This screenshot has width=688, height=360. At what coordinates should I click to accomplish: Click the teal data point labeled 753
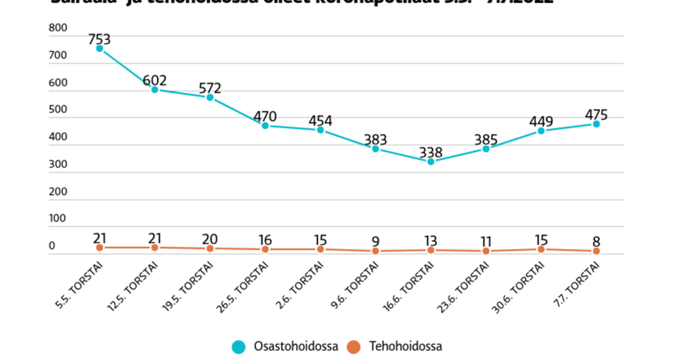click(x=100, y=49)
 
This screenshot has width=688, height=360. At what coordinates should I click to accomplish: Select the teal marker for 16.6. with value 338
click(x=431, y=162)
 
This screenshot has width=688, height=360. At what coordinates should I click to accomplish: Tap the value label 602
click(x=155, y=80)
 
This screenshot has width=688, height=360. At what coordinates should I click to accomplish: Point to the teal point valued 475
click(x=596, y=124)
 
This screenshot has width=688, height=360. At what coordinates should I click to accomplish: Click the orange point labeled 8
click(x=596, y=251)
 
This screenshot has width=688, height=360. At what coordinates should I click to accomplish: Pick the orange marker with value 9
click(x=376, y=251)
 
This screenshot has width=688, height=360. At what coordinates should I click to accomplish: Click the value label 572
click(x=210, y=88)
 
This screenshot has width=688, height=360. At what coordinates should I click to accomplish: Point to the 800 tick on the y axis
click(x=58, y=28)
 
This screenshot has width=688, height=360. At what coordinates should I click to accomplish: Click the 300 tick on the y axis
click(x=58, y=165)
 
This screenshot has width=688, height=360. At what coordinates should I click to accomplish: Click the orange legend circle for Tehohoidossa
click(x=354, y=347)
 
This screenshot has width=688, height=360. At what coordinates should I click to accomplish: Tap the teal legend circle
click(x=238, y=347)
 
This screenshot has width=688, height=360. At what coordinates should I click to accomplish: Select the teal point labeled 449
click(x=541, y=131)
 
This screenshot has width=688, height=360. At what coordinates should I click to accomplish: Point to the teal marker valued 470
click(x=265, y=126)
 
